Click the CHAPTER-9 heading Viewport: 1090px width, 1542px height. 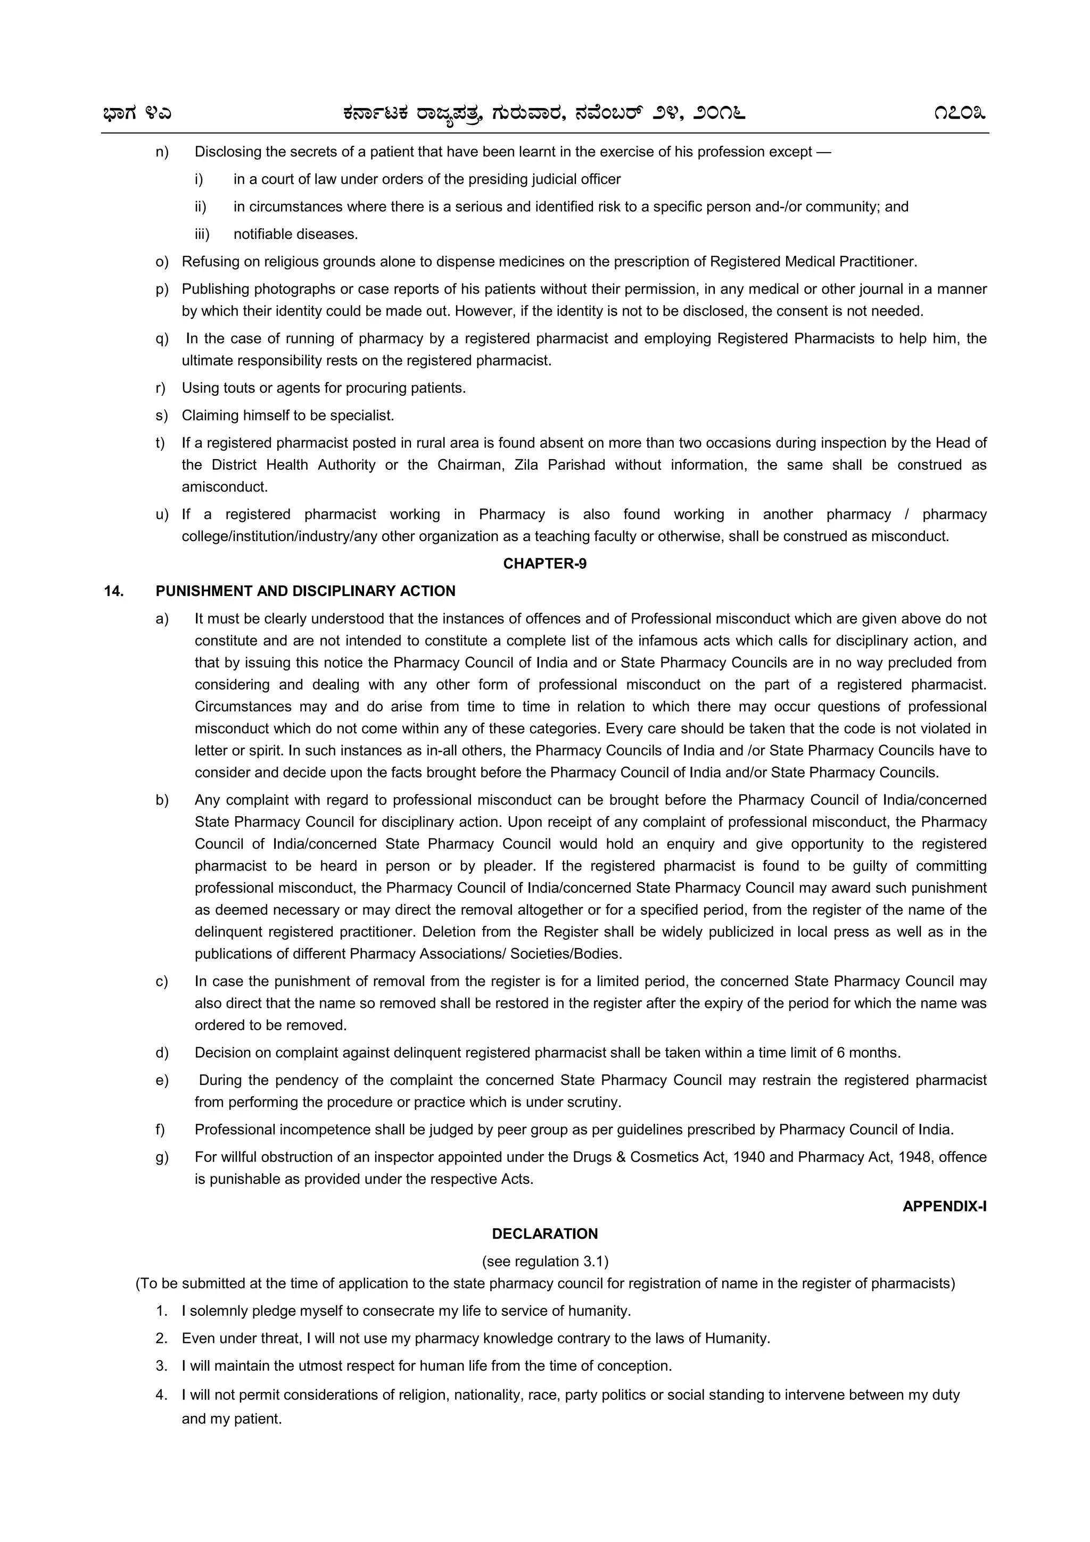tap(544, 563)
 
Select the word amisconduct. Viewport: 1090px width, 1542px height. tap(224, 487)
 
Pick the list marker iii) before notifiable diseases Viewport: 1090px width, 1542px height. tap(202, 235)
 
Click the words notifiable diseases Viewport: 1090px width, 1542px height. tap(295, 235)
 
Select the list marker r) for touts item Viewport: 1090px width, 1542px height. tap(161, 388)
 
